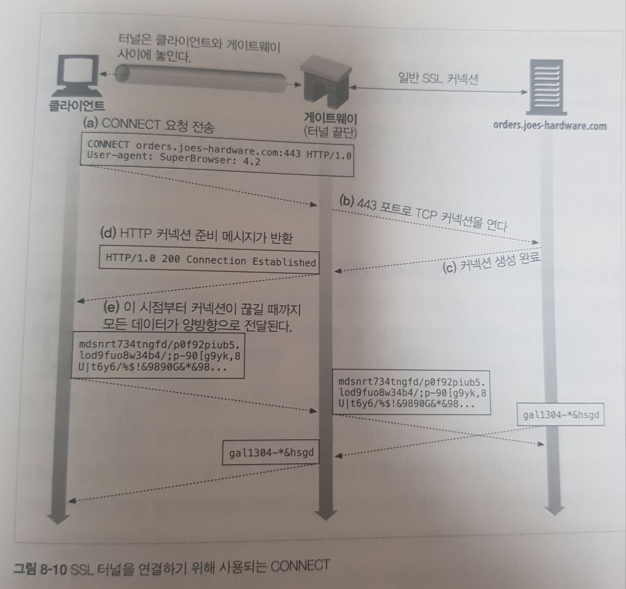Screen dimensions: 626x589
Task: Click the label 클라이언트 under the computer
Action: pyautogui.click(x=77, y=106)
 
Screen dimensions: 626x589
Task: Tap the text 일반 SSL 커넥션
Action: pyautogui.click(x=438, y=78)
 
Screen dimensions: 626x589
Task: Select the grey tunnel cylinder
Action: pyautogui.click(x=201, y=77)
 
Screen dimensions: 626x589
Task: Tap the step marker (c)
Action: pyautogui.click(x=449, y=268)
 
